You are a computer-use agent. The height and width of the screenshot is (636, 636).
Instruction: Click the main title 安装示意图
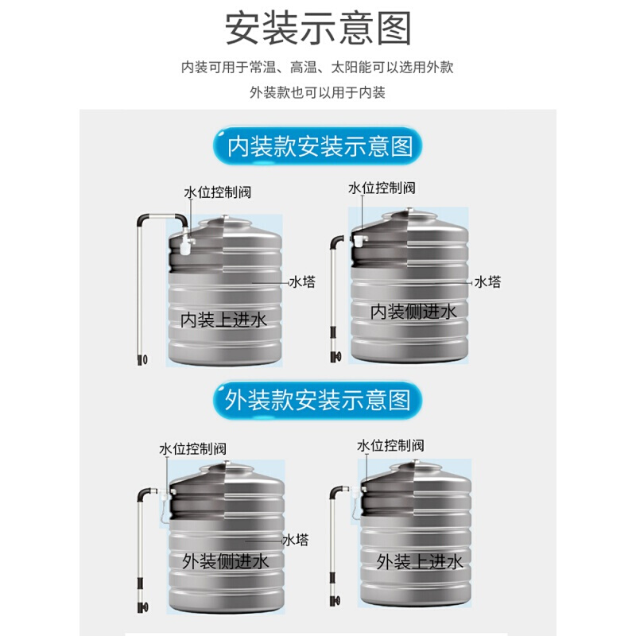(x=319, y=29)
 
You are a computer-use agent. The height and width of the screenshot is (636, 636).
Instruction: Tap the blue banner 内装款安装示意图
(x=318, y=146)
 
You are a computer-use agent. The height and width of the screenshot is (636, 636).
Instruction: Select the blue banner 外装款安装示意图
(x=317, y=401)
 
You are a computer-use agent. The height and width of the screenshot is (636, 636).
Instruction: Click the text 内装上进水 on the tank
(x=223, y=320)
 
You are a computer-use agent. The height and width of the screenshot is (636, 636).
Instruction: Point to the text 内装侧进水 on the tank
(x=413, y=312)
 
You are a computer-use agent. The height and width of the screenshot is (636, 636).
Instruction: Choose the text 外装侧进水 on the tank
(x=225, y=562)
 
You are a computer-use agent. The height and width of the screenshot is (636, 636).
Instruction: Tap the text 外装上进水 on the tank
(x=420, y=562)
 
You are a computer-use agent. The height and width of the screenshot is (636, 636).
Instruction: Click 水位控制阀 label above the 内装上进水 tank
(x=218, y=192)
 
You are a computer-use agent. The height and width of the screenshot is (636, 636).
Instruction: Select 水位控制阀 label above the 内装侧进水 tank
(x=382, y=188)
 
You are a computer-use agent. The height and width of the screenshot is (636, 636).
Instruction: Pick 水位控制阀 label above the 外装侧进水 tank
(x=192, y=448)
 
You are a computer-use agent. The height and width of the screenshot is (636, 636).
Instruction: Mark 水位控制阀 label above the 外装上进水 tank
(x=390, y=445)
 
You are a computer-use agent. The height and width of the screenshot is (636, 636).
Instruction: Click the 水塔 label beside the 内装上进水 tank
(x=302, y=281)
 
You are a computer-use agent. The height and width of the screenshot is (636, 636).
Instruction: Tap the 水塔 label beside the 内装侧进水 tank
(x=487, y=281)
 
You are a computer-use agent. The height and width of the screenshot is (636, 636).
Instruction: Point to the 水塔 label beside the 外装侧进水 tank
(x=296, y=540)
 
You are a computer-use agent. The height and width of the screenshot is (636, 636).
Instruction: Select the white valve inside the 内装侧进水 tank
(x=360, y=241)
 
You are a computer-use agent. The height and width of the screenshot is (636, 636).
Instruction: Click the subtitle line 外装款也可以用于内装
(x=317, y=92)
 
